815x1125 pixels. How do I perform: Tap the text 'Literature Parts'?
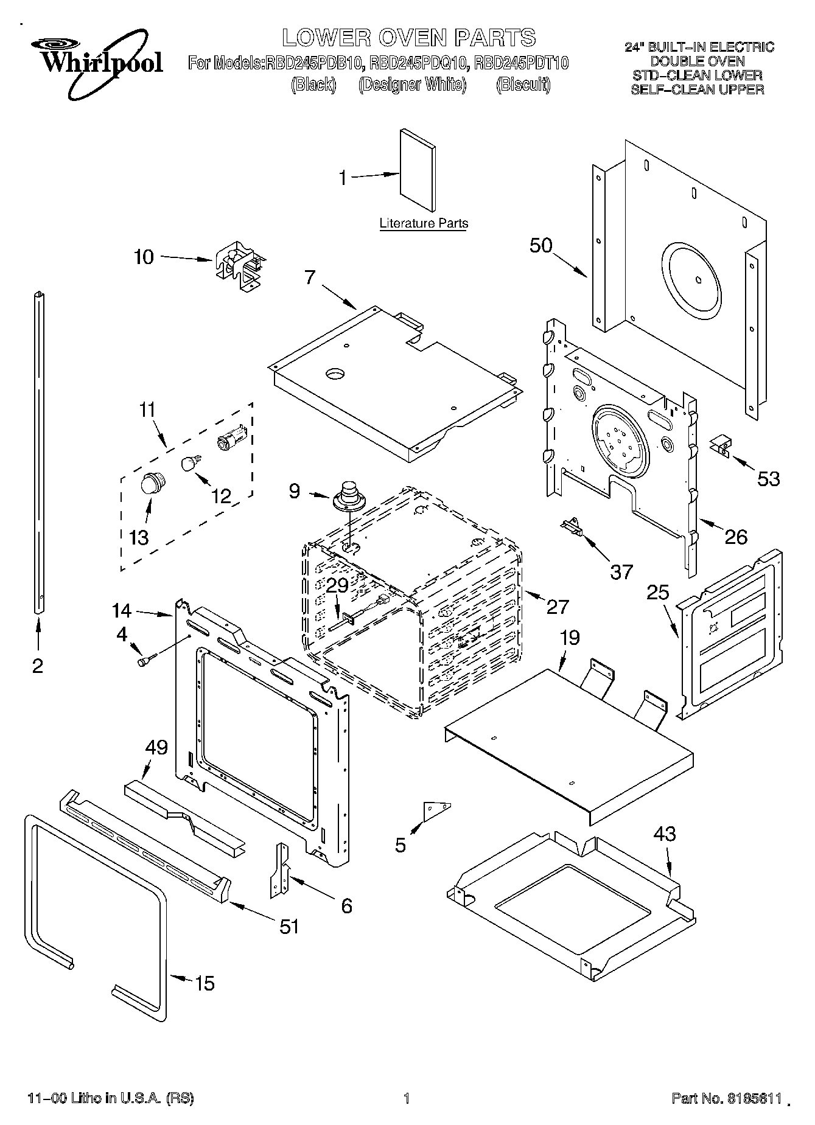click(424, 223)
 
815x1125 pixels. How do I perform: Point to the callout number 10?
click(144, 257)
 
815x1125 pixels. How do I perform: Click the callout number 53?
click(768, 479)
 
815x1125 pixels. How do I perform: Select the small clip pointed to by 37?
click(573, 524)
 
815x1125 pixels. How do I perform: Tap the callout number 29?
click(337, 586)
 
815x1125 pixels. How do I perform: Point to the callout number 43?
click(665, 833)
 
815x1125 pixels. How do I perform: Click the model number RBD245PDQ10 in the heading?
click(418, 63)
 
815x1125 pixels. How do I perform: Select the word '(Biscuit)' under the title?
click(523, 85)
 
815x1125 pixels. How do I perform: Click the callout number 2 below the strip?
click(38, 666)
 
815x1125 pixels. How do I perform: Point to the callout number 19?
click(570, 638)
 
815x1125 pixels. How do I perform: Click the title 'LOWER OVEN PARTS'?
click(408, 38)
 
